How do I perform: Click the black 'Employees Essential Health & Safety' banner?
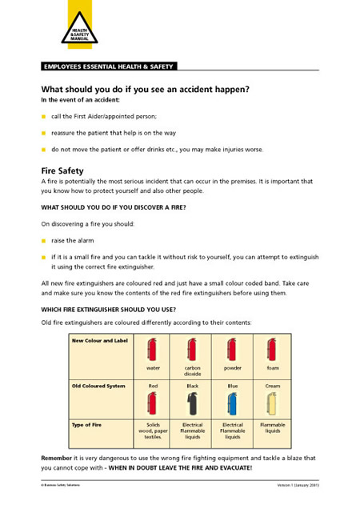108,66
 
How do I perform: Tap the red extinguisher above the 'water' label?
152,349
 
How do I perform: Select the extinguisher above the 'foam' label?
273,349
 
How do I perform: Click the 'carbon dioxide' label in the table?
192,371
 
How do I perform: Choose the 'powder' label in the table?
233,368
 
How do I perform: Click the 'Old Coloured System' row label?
98,385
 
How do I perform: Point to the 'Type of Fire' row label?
87,424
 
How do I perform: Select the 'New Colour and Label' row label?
100,340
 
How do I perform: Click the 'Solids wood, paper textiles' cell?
152,431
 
